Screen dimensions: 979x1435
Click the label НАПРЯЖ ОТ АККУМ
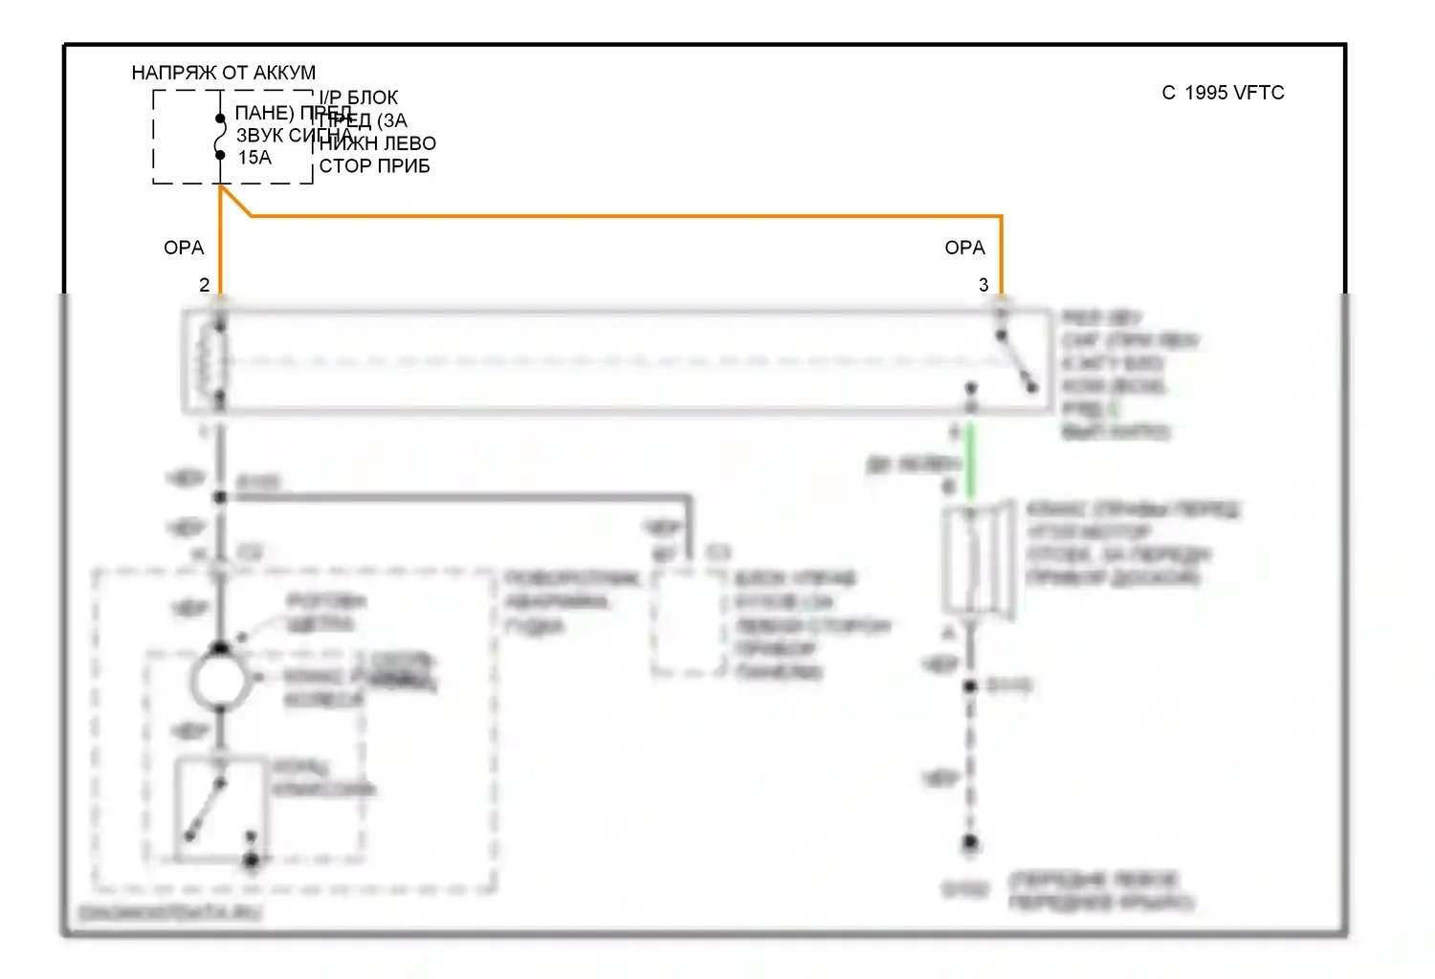[223, 73]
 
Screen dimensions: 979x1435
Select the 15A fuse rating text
[254, 158]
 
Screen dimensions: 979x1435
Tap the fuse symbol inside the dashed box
[220, 137]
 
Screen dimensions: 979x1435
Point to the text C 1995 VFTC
[1223, 93]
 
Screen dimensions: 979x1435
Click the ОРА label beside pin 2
[184, 248]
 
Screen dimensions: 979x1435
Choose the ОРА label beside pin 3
[964, 248]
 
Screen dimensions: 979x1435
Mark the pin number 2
[204, 285]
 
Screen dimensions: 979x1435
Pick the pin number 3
[983, 285]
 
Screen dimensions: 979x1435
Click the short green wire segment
[970, 462]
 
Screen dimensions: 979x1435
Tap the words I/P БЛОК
[359, 98]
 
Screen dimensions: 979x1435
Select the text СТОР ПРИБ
[374, 166]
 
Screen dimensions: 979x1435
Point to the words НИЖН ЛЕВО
[377, 143]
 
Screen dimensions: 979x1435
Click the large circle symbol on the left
[221, 682]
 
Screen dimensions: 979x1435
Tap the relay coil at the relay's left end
[211, 361]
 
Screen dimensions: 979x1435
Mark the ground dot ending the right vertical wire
[970, 842]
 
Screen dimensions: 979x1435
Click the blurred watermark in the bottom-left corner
[169, 913]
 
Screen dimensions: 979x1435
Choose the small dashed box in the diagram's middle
[688, 622]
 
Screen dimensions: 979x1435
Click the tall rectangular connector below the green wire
[977, 559]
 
